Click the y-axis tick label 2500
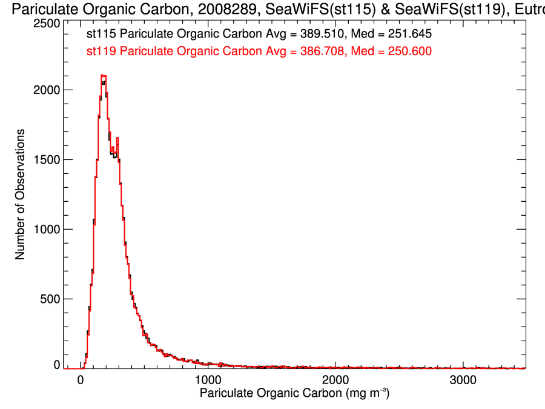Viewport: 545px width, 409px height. coord(45,23)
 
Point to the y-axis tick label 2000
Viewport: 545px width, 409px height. coord(45,90)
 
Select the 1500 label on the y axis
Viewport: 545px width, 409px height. coord(45,159)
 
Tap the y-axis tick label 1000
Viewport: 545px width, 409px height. coord(45,229)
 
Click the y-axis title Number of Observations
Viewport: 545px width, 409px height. coord(20,194)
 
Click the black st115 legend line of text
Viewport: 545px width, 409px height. coord(259,35)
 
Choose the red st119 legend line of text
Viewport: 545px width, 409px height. coord(259,52)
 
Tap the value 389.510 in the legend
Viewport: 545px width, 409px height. coord(321,35)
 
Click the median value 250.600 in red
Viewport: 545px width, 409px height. coord(411,52)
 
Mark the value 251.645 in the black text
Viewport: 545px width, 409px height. coord(411,35)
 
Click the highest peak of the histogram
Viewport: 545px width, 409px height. coord(104,76)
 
